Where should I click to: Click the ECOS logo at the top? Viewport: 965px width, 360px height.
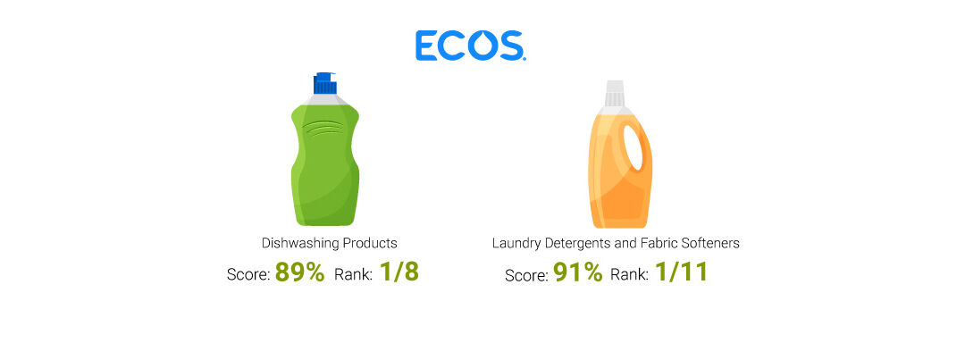click(x=470, y=46)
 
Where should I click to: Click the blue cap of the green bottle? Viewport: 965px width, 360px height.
click(x=324, y=83)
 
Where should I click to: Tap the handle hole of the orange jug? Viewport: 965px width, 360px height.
click(x=634, y=147)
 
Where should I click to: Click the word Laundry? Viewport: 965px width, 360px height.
click(x=513, y=243)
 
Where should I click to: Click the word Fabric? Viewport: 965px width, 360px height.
click(x=661, y=243)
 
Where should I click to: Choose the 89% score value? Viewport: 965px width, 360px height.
click(x=299, y=272)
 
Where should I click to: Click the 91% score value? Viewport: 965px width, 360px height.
click(x=578, y=272)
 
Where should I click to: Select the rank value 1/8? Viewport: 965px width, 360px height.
click(x=399, y=272)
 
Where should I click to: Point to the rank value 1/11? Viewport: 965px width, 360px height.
click(x=681, y=272)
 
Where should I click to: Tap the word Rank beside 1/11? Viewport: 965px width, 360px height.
click(x=629, y=274)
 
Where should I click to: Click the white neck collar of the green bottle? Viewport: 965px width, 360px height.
click(x=324, y=100)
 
